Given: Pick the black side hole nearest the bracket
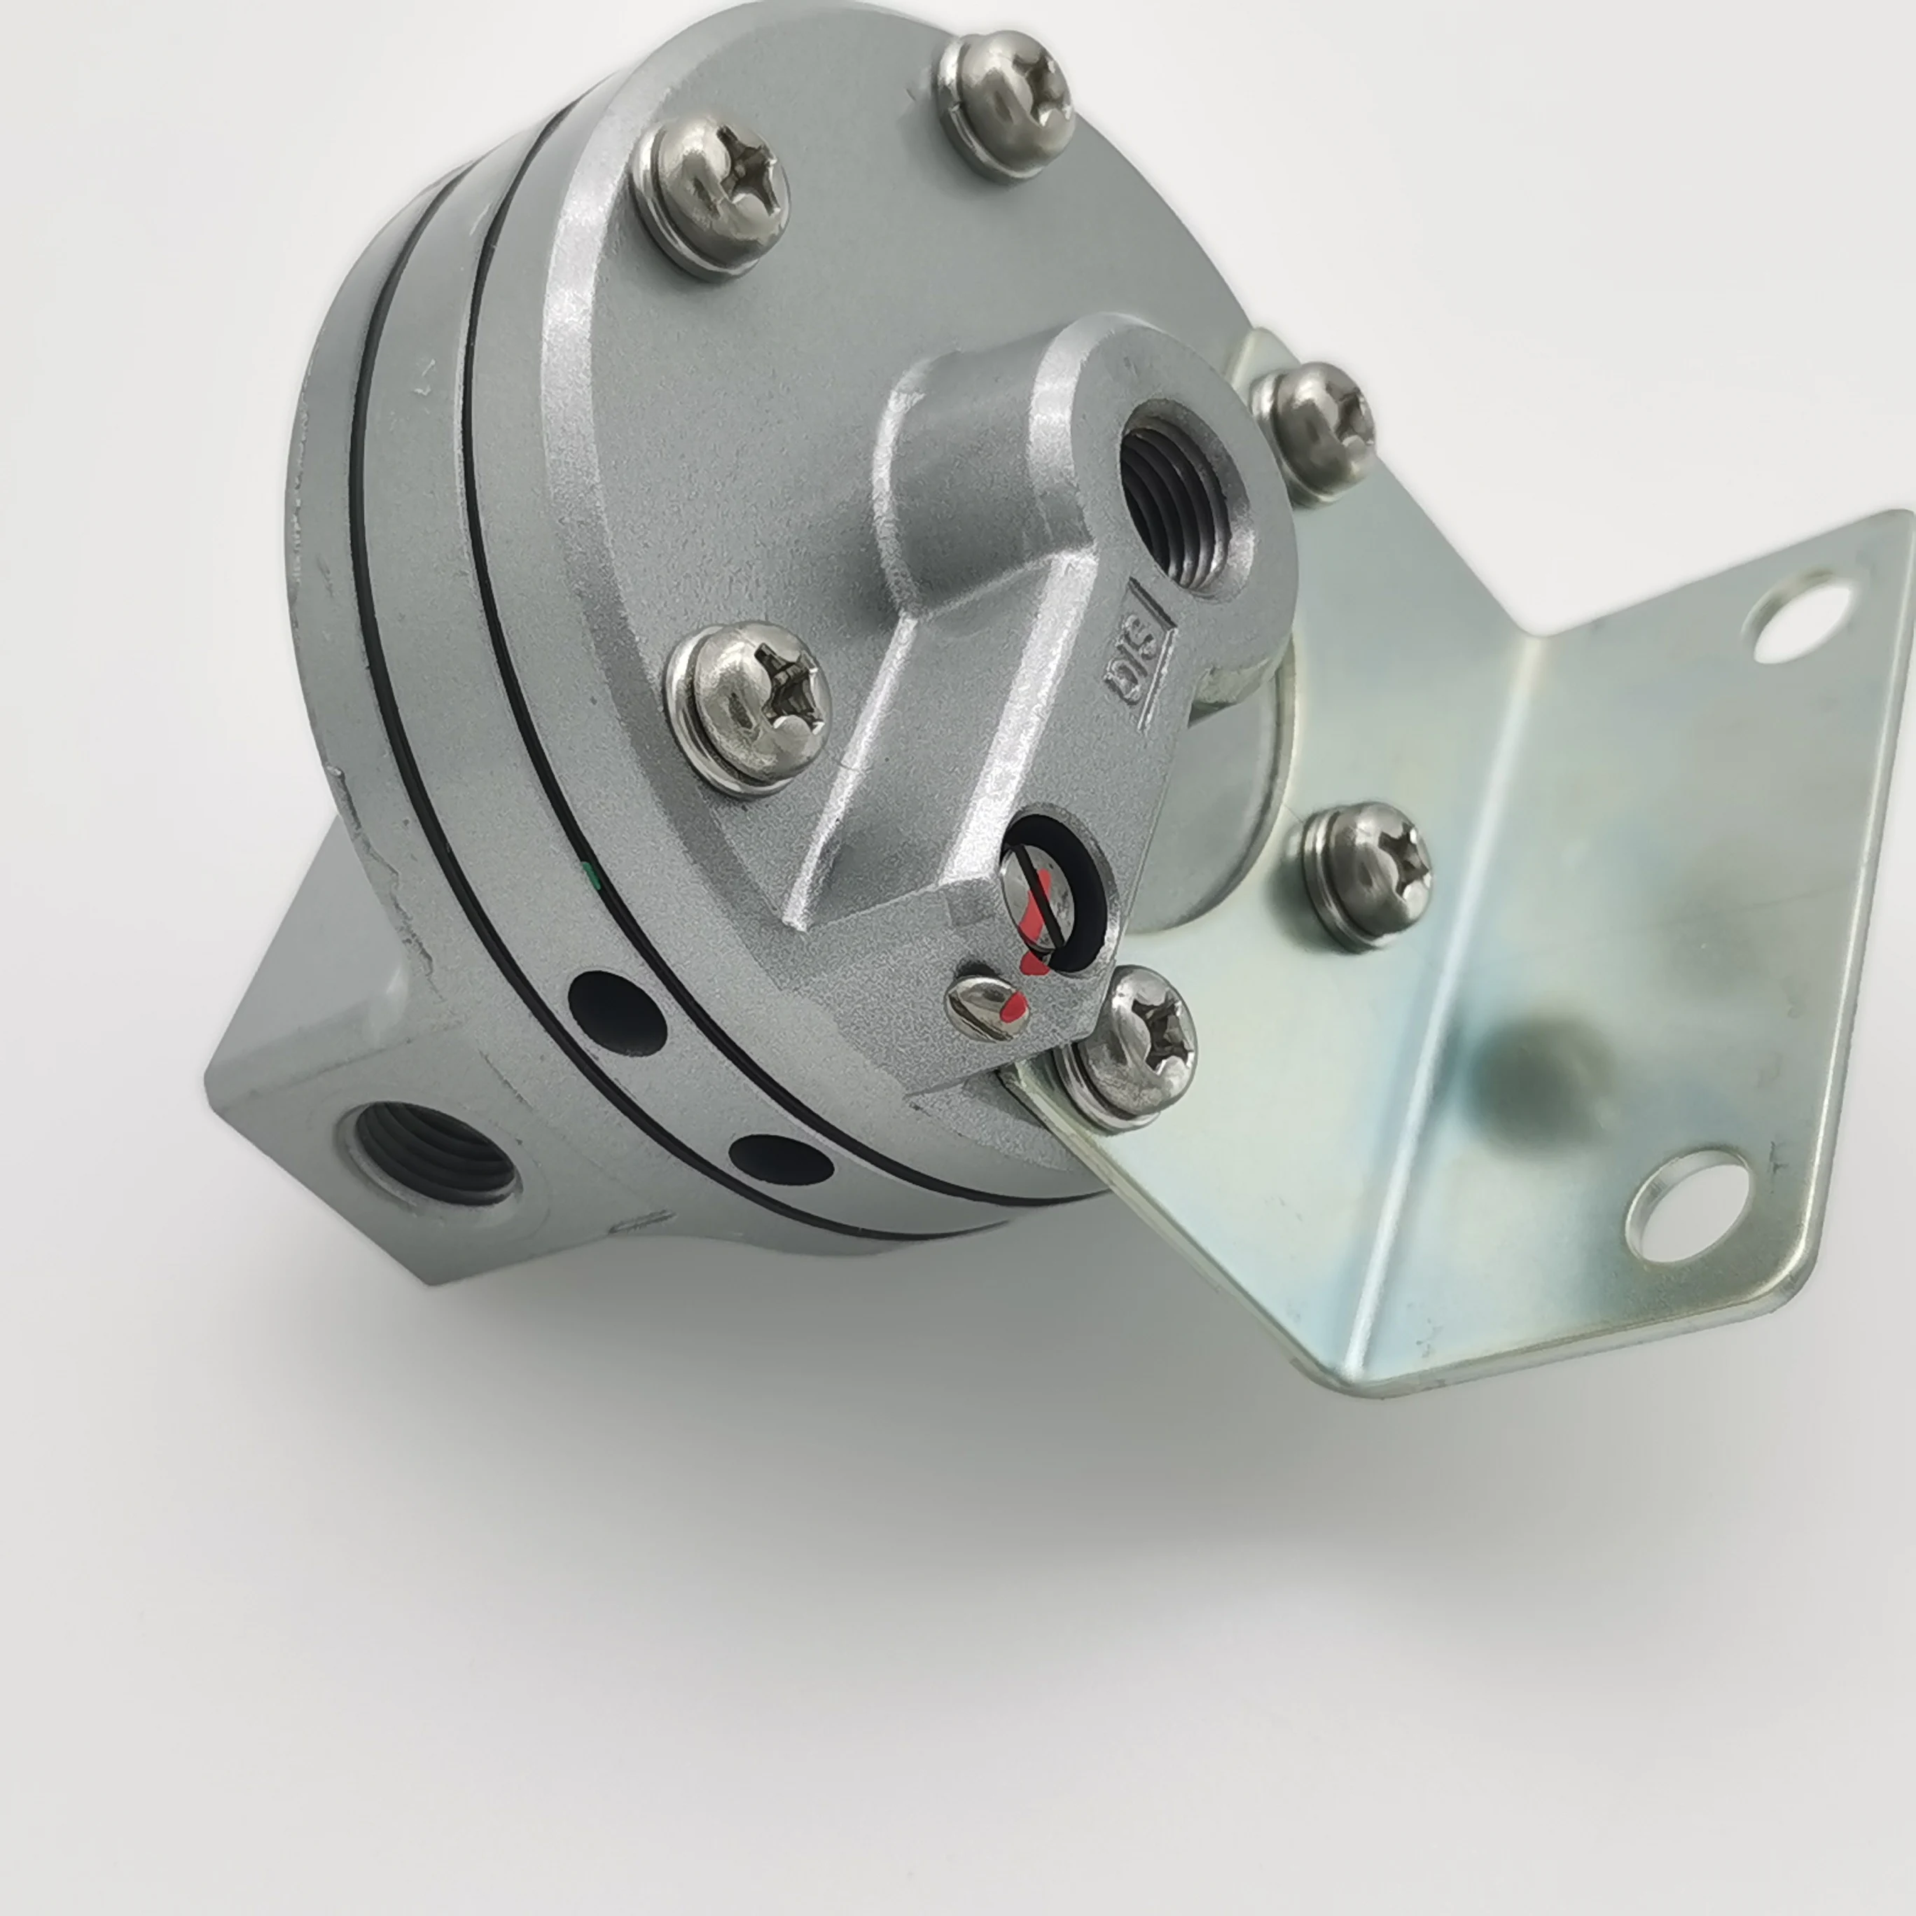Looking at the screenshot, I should [782, 1159].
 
